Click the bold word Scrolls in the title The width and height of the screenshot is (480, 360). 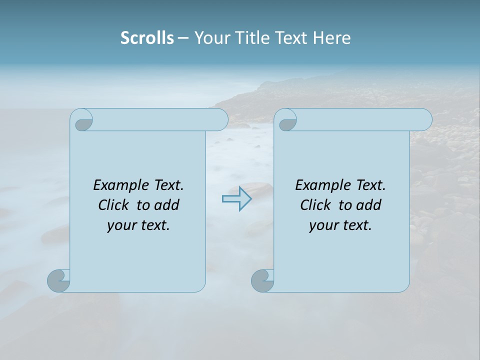coord(147,38)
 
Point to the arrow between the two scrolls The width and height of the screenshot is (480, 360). coord(236,199)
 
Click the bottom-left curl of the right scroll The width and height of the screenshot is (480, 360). coord(262,280)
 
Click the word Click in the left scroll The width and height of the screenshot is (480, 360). coord(114,205)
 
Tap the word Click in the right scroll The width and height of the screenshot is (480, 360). coord(315,205)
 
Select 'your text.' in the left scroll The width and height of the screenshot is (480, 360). coord(138,225)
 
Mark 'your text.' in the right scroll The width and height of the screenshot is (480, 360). coord(340,225)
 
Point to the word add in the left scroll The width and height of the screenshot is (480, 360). coord(167,205)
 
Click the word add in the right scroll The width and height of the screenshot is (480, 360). coord(369,205)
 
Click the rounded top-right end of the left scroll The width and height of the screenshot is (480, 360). coord(220,119)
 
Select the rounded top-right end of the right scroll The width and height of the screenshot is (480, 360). coord(424,119)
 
